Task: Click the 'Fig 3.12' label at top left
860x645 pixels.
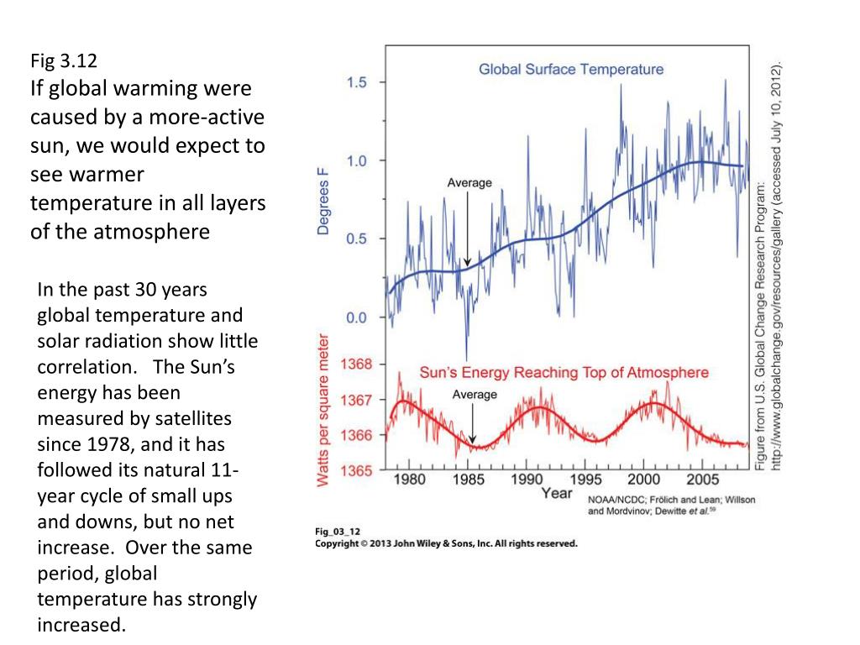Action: click(x=64, y=60)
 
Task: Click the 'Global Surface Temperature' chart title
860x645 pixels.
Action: click(x=571, y=69)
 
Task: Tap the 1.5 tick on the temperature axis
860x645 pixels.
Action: click(x=356, y=82)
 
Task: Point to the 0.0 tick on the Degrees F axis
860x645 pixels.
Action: click(x=356, y=318)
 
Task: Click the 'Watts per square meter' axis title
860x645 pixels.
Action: click(x=322, y=412)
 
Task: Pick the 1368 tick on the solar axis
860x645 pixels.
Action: click(x=356, y=364)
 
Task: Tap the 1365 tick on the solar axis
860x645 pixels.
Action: click(x=356, y=471)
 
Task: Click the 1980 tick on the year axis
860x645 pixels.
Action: click(x=409, y=480)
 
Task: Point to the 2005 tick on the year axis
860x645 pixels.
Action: click(x=702, y=480)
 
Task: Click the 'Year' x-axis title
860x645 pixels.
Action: click(x=556, y=494)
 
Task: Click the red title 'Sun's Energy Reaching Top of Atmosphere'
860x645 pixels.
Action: click(x=564, y=373)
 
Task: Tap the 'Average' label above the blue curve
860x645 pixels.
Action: click(x=469, y=183)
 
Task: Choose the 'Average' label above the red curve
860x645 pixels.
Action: click(x=475, y=395)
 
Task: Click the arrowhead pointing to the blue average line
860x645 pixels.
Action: click(x=467, y=262)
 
